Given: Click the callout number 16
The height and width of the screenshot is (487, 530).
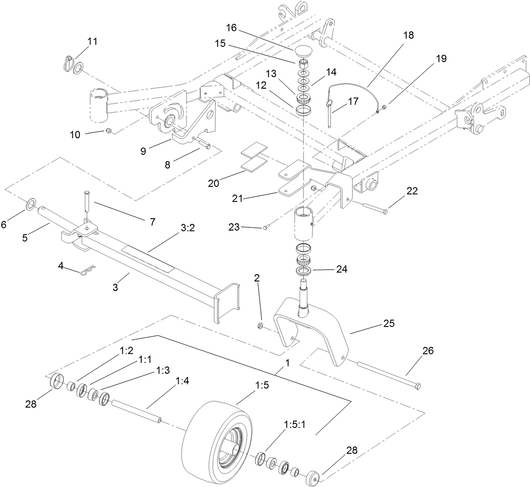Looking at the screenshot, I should (231, 27).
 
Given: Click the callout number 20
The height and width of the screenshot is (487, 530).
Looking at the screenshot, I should (214, 183).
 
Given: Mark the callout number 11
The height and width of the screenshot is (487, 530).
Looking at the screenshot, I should (92, 41).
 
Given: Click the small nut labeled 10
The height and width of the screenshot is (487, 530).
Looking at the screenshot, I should (109, 131).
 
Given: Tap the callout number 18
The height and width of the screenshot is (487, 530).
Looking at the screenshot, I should (408, 35).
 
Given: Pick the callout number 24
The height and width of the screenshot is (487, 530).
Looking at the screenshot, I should (341, 269).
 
